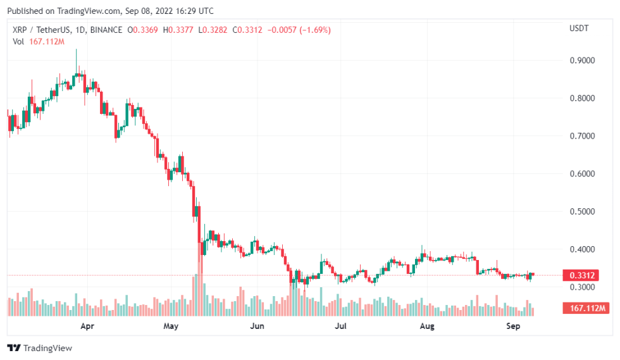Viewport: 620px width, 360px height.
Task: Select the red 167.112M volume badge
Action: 585,308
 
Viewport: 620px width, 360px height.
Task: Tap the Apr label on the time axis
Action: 87,326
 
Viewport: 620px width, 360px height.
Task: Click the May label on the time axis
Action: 171,326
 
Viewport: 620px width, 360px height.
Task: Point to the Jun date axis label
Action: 257,326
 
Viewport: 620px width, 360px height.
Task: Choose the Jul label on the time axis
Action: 340,326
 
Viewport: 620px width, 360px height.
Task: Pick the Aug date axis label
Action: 427,326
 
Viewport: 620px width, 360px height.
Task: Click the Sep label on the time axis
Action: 514,326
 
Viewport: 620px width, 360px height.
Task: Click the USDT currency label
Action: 580,29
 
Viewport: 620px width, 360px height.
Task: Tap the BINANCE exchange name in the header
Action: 107,30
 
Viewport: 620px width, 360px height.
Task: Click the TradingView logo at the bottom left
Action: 40,348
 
